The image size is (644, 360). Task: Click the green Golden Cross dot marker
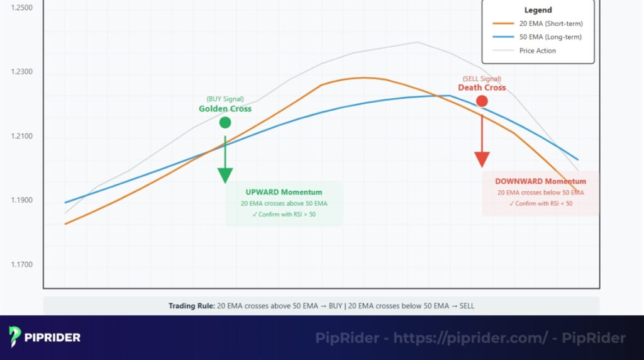click(225, 122)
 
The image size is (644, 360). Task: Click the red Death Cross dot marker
click(482, 101)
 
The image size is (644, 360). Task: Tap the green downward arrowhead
click(225, 176)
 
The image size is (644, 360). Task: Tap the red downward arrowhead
click(482, 159)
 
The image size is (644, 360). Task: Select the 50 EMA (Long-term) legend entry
click(550, 37)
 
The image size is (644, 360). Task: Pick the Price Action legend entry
click(538, 51)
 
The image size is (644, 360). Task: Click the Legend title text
click(538, 10)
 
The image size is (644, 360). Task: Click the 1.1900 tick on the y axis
click(22, 201)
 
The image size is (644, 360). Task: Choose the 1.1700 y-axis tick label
click(22, 265)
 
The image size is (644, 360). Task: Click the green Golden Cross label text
click(225, 109)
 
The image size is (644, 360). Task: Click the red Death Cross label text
click(482, 87)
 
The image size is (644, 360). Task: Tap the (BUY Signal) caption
click(225, 99)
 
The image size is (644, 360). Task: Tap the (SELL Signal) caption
click(482, 79)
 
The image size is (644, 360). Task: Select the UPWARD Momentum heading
click(284, 192)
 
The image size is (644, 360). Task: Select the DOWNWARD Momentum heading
click(540, 181)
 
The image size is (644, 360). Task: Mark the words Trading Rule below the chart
click(191, 306)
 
